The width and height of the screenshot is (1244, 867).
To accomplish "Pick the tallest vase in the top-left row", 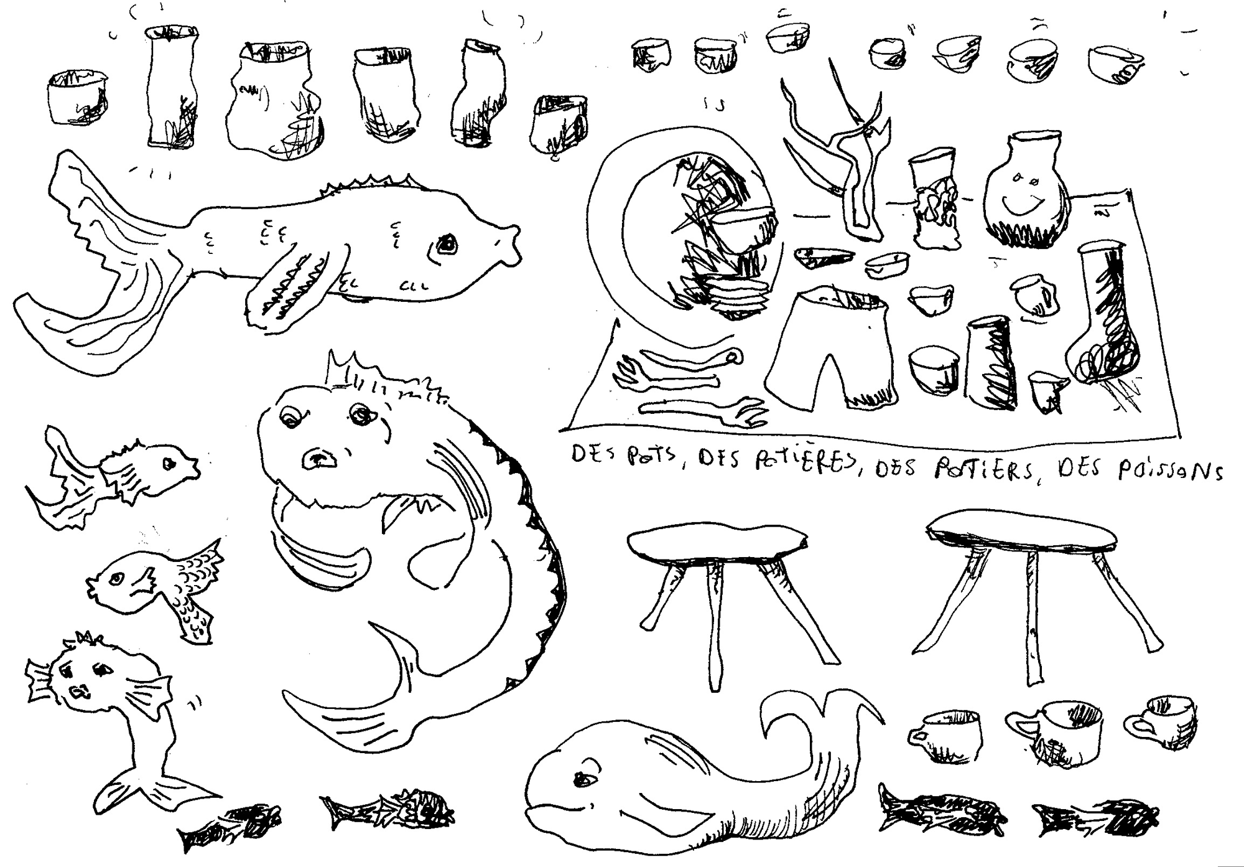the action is point(172,87).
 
